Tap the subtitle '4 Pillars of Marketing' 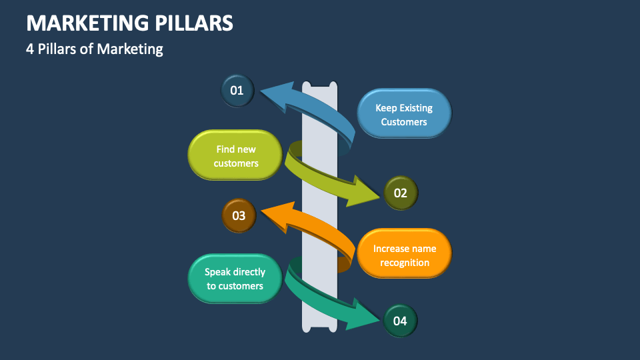(95, 49)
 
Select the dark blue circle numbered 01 (237, 91)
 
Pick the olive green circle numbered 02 (401, 193)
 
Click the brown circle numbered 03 (239, 215)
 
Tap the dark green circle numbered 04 (400, 321)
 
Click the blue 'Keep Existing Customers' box (404, 114)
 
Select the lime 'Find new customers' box (236, 155)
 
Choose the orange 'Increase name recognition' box (405, 254)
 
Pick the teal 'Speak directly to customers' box (235, 278)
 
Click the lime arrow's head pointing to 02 (369, 191)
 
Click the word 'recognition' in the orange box (405, 262)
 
